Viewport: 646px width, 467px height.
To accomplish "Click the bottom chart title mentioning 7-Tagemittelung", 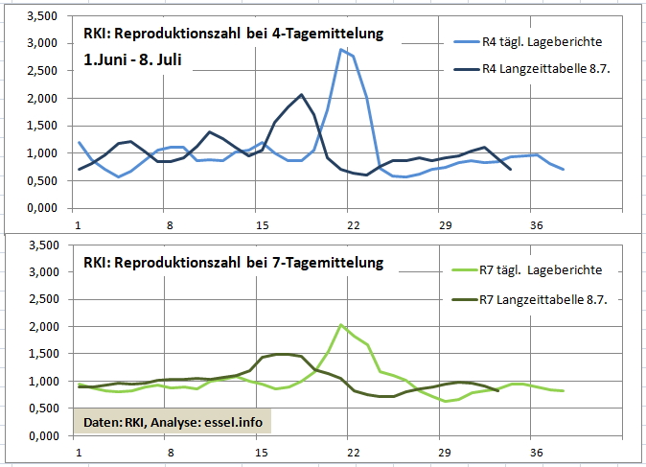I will point(233,262).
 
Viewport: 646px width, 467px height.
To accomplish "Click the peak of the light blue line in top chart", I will point(340,49).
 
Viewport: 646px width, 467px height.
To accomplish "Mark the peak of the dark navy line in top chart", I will point(302,95).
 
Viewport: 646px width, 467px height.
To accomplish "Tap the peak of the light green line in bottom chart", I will point(341,325).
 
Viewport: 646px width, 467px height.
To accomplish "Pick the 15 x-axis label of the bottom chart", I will point(259,454).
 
